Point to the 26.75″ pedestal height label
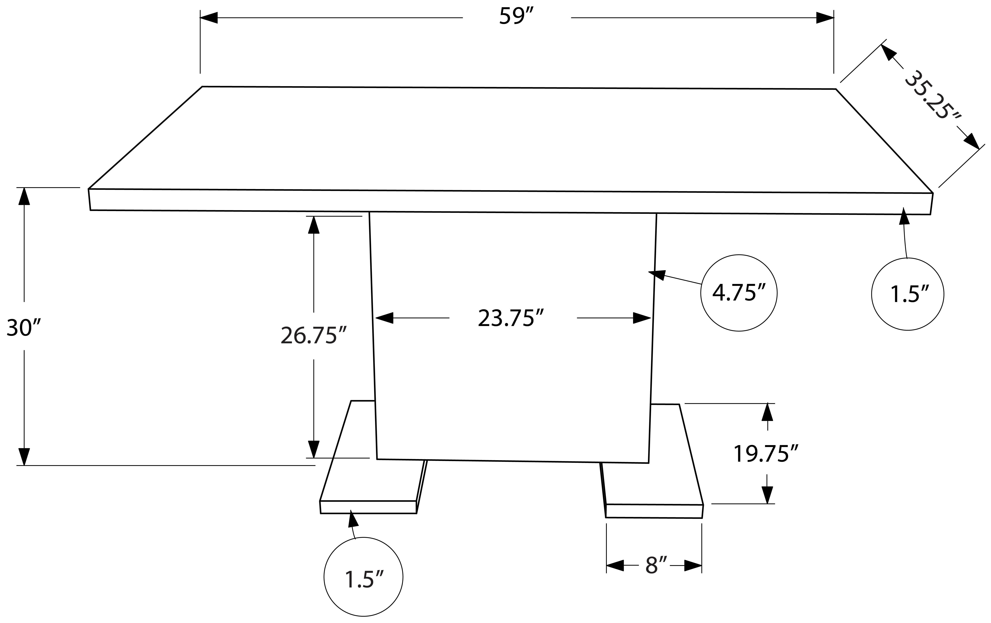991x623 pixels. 314,335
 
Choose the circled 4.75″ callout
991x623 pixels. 739,293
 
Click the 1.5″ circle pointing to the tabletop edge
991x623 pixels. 907,294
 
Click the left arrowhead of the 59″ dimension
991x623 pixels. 209,18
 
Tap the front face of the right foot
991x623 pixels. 654,511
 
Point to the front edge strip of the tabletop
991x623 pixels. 510,202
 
